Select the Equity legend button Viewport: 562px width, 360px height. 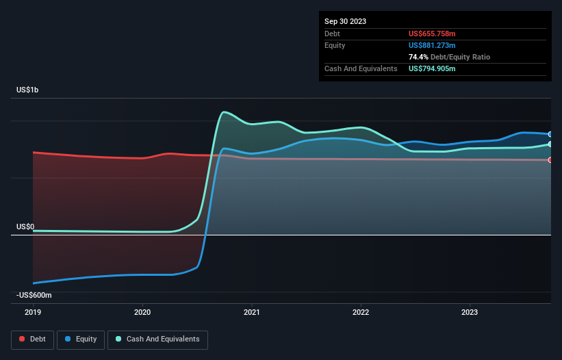click(x=81, y=339)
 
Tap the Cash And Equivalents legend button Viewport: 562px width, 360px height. click(x=157, y=339)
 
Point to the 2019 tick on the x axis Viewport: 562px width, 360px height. click(x=33, y=313)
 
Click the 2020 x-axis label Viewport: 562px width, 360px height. click(x=142, y=313)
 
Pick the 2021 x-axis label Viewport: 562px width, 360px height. click(x=252, y=313)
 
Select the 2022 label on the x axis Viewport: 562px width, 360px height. click(x=361, y=313)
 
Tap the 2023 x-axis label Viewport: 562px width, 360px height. click(x=470, y=313)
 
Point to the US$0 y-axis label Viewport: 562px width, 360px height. click(x=25, y=227)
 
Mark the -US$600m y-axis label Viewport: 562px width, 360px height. click(x=34, y=295)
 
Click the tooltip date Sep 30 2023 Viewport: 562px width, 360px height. click(x=346, y=21)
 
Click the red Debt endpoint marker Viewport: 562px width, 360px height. click(x=550, y=160)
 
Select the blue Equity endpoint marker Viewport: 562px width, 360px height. click(x=550, y=134)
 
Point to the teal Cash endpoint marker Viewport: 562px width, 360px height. click(x=550, y=144)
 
